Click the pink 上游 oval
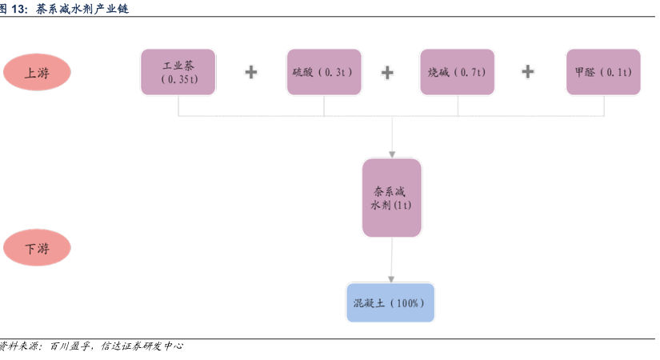(x=37, y=72)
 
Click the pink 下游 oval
(x=37, y=247)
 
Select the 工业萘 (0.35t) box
(x=178, y=72)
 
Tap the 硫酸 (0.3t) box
(x=324, y=72)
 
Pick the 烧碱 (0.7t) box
(x=457, y=72)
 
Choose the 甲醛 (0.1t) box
(x=603, y=72)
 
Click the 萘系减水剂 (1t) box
(x=392, y=198)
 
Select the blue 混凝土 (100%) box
(x=390, y=302)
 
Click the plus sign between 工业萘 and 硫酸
(x=251, y=72)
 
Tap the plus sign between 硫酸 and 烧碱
(x=387, y=73)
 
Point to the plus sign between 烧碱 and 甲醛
(x=528, y=71)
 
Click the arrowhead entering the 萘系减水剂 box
(x=392, y=154)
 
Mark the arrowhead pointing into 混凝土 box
(x=391, y=279)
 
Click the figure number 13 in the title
(x=18, y=9)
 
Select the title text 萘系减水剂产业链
(x=82, y=9)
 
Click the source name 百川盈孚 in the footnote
(x=70, y=346)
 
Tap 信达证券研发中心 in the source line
(x=142, y=346)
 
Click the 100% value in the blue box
(x=407, y=303)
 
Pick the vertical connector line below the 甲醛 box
(x=604, y=106)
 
